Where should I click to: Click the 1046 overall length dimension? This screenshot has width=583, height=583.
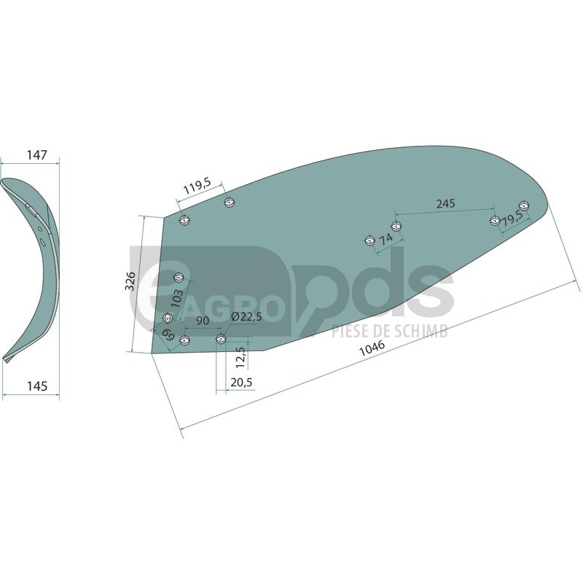point(372,348)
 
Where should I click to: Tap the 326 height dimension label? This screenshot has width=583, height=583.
point(130,281)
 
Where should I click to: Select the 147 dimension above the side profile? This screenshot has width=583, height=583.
point(37,154)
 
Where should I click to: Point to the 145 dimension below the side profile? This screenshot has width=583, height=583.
point(37,386)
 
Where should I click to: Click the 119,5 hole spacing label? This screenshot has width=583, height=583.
point(197,186)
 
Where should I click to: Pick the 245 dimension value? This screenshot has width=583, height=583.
point(446,203)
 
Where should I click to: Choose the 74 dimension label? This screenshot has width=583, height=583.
point(386,239)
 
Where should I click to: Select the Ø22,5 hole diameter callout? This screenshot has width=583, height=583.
point(246,317)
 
